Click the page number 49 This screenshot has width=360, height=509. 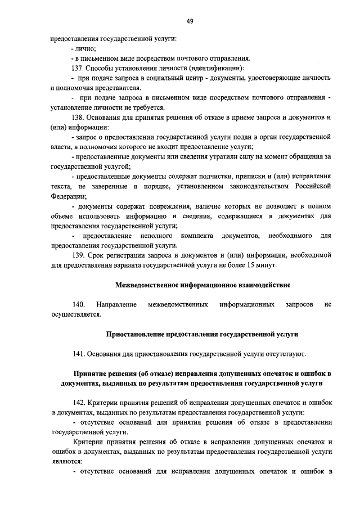[x=190, y=21]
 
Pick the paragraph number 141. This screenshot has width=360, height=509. [x=79, y=354]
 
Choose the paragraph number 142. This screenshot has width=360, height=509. [x=79, y=403]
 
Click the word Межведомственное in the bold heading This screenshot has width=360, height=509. [x=145, y=285]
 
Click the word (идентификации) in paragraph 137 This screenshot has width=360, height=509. [x=206, y=68]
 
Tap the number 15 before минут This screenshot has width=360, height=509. [x=255, y=265]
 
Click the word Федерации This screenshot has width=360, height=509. [x=68, y=196]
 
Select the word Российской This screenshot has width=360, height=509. [x=312, y=186]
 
